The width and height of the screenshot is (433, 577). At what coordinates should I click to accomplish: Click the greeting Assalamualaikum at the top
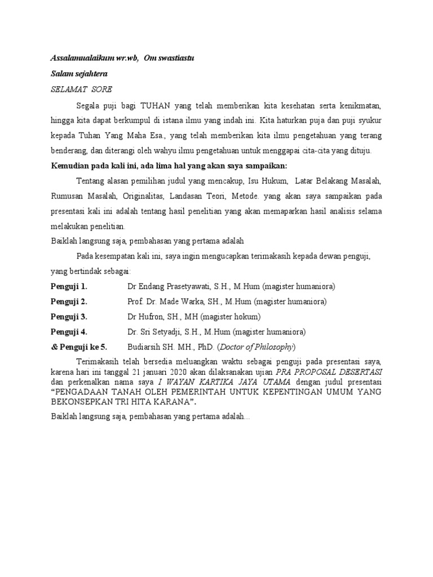point(83,59)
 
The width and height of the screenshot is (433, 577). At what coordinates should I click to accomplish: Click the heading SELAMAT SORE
point(81,89)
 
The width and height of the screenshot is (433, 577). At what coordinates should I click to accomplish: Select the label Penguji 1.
point(69,286)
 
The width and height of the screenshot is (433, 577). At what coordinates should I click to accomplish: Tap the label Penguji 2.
point(69,301)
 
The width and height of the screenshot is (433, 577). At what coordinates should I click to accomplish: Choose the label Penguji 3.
point(69,317)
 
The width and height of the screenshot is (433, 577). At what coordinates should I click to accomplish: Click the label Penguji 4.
point(69,331)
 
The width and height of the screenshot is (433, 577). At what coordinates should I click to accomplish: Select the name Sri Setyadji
point(173,331)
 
